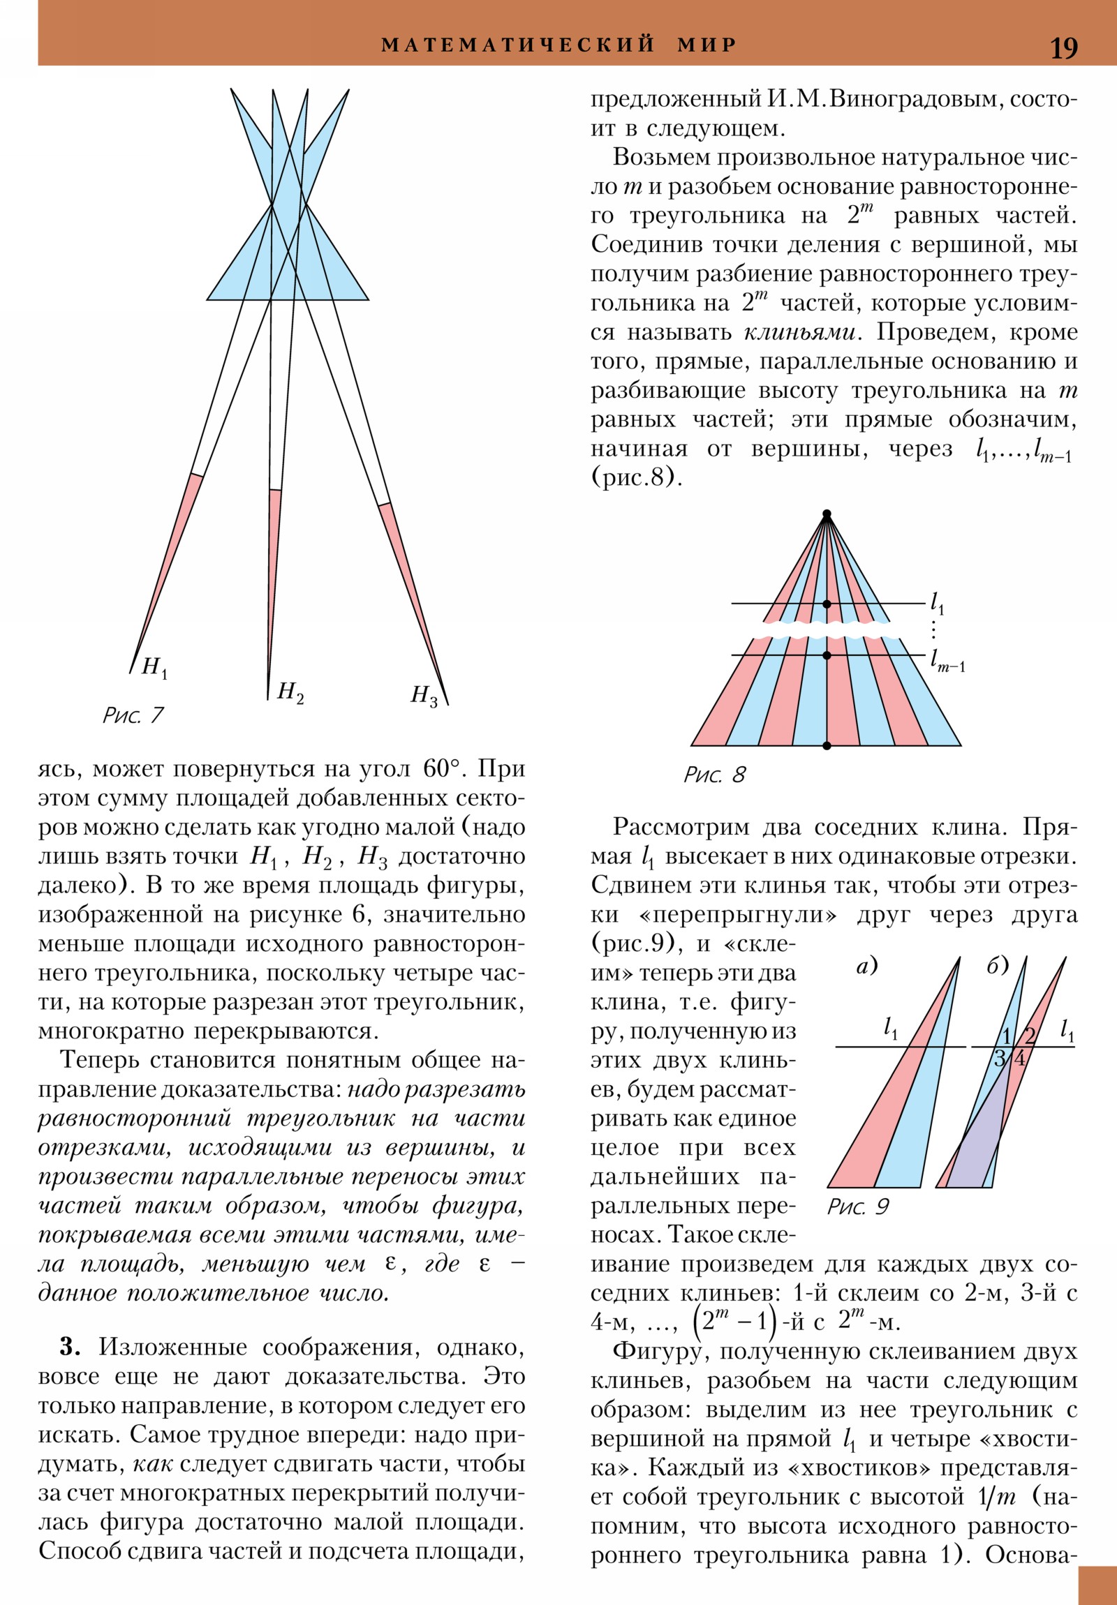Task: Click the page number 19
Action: coord(1063,48)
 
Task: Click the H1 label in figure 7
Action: coord(154,668)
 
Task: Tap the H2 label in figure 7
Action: coord(290,692)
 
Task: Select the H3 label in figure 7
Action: coord(424,696)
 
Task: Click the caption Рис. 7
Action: coord(133,715)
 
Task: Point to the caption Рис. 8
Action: coord(714,775)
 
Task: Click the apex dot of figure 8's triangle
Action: coord(826,514)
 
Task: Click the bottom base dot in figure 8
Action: coord(826,746)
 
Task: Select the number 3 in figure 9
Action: coord(1000,1058)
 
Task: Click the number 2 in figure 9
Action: coord(1030,1036)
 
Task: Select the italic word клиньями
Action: coord(799,332)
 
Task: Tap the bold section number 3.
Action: coord(70,1345)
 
